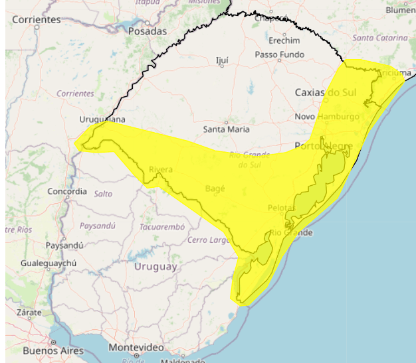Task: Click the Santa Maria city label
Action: point(226,129)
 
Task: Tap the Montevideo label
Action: point(136,348)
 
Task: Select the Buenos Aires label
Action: point(53,350)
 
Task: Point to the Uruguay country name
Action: point(156,267)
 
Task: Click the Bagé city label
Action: point(215,188)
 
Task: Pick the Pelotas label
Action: point(281,208)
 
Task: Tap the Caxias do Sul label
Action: point(326,93)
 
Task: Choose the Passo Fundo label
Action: point(279,54)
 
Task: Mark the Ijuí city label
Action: point(223,60)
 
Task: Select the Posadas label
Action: point(148,31)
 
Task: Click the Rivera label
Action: point(161,169)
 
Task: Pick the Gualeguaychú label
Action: point(49,263)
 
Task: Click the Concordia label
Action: point(67,192)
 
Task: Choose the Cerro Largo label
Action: point(209,240)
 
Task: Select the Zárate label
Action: point(29,311)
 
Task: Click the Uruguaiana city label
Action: point(102,119)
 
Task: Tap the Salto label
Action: point(103,194)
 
